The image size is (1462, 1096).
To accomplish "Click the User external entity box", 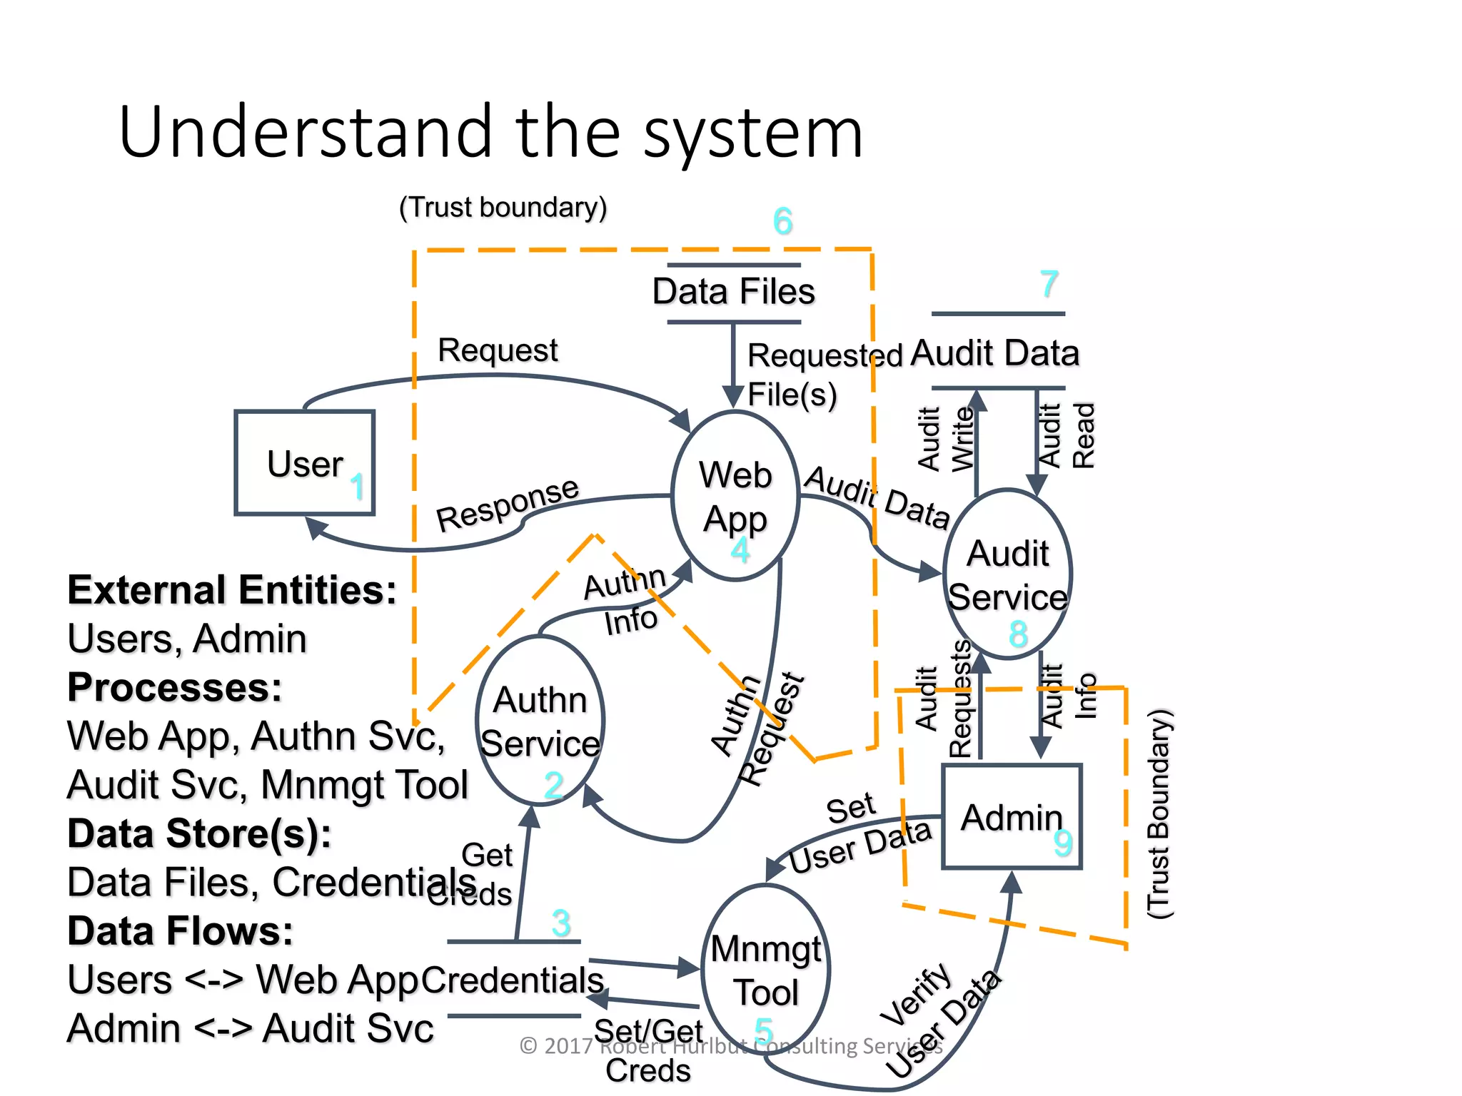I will [x=305, y=462].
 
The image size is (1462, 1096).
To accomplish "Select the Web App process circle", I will [x=735, y=497].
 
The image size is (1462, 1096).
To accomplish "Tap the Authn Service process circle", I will [x=540, y=721].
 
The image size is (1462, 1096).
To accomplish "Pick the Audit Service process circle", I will [x=1007, y=574].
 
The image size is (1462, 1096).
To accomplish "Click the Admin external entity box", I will [x=1012, y=817].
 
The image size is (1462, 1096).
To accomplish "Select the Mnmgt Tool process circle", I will [x=765, y=970].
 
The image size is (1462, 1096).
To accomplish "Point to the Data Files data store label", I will [x=733, y=292].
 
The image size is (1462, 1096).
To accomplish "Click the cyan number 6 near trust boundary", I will [x=783, y=221].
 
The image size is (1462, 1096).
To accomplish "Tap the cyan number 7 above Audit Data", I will [x=1049, y=284].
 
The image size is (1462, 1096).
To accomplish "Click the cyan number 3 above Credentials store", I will [x=561, y=923].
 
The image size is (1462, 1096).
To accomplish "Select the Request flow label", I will [x=498, y=350].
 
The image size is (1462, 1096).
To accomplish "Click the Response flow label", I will [x=508, y=504].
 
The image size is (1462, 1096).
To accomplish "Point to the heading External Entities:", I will [x=232, y=591].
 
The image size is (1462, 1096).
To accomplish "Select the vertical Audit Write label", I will [x=945, y=439].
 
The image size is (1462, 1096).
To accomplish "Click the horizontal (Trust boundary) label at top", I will [x=503, y=208].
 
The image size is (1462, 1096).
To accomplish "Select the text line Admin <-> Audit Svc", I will [x=251, y=1029].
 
